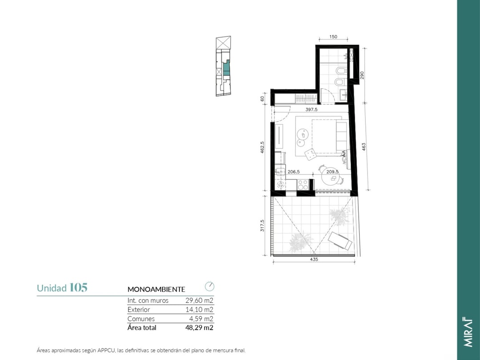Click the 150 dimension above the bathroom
pos(333,37)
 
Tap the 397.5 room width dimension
pos(311,109)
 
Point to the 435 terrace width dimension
pos(314,259)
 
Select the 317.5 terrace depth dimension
pos(262,225)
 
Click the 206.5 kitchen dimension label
pos(294,172)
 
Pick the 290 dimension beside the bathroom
pos(362,75)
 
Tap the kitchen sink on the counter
pos(280,172)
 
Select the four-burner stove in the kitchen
pos(303,184)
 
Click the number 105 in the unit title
pos(79,288)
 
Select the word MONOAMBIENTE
pos(156,289)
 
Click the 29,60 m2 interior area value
pos(199,300)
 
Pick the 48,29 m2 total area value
pos(199,328)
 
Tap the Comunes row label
pos(141,319)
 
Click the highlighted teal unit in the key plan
pos(226,68)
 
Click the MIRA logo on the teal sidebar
pos(468,332)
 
